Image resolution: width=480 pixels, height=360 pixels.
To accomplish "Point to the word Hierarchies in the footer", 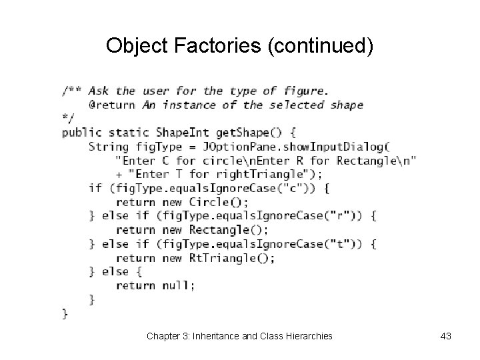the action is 307,336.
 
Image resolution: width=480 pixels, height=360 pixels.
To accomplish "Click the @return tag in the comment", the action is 111,104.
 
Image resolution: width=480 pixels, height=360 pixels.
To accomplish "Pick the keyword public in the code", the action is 81,132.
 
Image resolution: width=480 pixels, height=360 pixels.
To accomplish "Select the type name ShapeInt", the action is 183,132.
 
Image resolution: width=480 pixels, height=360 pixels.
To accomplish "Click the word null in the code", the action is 176,285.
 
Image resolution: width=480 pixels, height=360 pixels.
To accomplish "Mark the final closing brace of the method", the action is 65,313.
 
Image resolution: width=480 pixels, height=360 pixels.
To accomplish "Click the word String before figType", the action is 108,146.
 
